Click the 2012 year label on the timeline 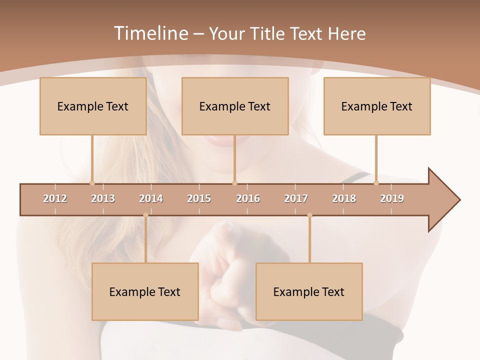[x=55, y=198]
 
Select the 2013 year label [x=103, y=198]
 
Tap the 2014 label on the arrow [x=151, y=198]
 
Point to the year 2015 [x=199, y=198]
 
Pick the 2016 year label [x=248, y=198]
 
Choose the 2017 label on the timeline [x=296, y=198]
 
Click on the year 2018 [x=344, y=198]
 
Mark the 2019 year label [x=392, y=198]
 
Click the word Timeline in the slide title [x=150, y=33]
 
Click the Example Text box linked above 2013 [x=93, y=106]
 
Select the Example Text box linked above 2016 [x=235, y=106]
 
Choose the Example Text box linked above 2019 [x=377, y=106]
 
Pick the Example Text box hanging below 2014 [x=145, y=291]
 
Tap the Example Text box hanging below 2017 [x=309, y=291]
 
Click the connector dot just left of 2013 [x=92, y=183]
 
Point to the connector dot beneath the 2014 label [x=145, y=215]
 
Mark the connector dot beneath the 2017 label [x=309, y=215]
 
